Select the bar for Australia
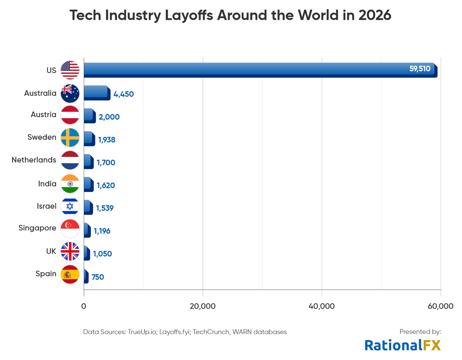pyautogui.click(x=96, y=93)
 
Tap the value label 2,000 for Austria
pyautogui.click(x=109, y=117)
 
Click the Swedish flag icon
pyautogui.click(x=70, y=138)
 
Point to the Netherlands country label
pyautogui.click(x=34, y=160)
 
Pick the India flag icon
pyautogui.click(x=70, y=184)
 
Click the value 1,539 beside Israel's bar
pyautogui.click(x=105, y=208)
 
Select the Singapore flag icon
pyautogui.click(x=70, y=228)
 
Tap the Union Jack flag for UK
pyautogui.click(x=70, y=251)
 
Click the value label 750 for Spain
pyautogui.click(x=98, y=277)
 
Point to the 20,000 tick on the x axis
pyautogui.click(x=203, y=306)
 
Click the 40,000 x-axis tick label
pyautogui.click(x=322, y=306)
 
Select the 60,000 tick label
pyautogui.click(x=440, y=306)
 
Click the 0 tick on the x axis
pyautogui.click(x=84, y=306)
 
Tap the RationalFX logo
pyautogui.click(x=402, y=345)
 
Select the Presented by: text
pyautogui.click(x=420, y=332)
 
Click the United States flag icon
pyautogui.click(x=70, y=70)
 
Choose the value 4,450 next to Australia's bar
pyautogui.click(x=123, y=94)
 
